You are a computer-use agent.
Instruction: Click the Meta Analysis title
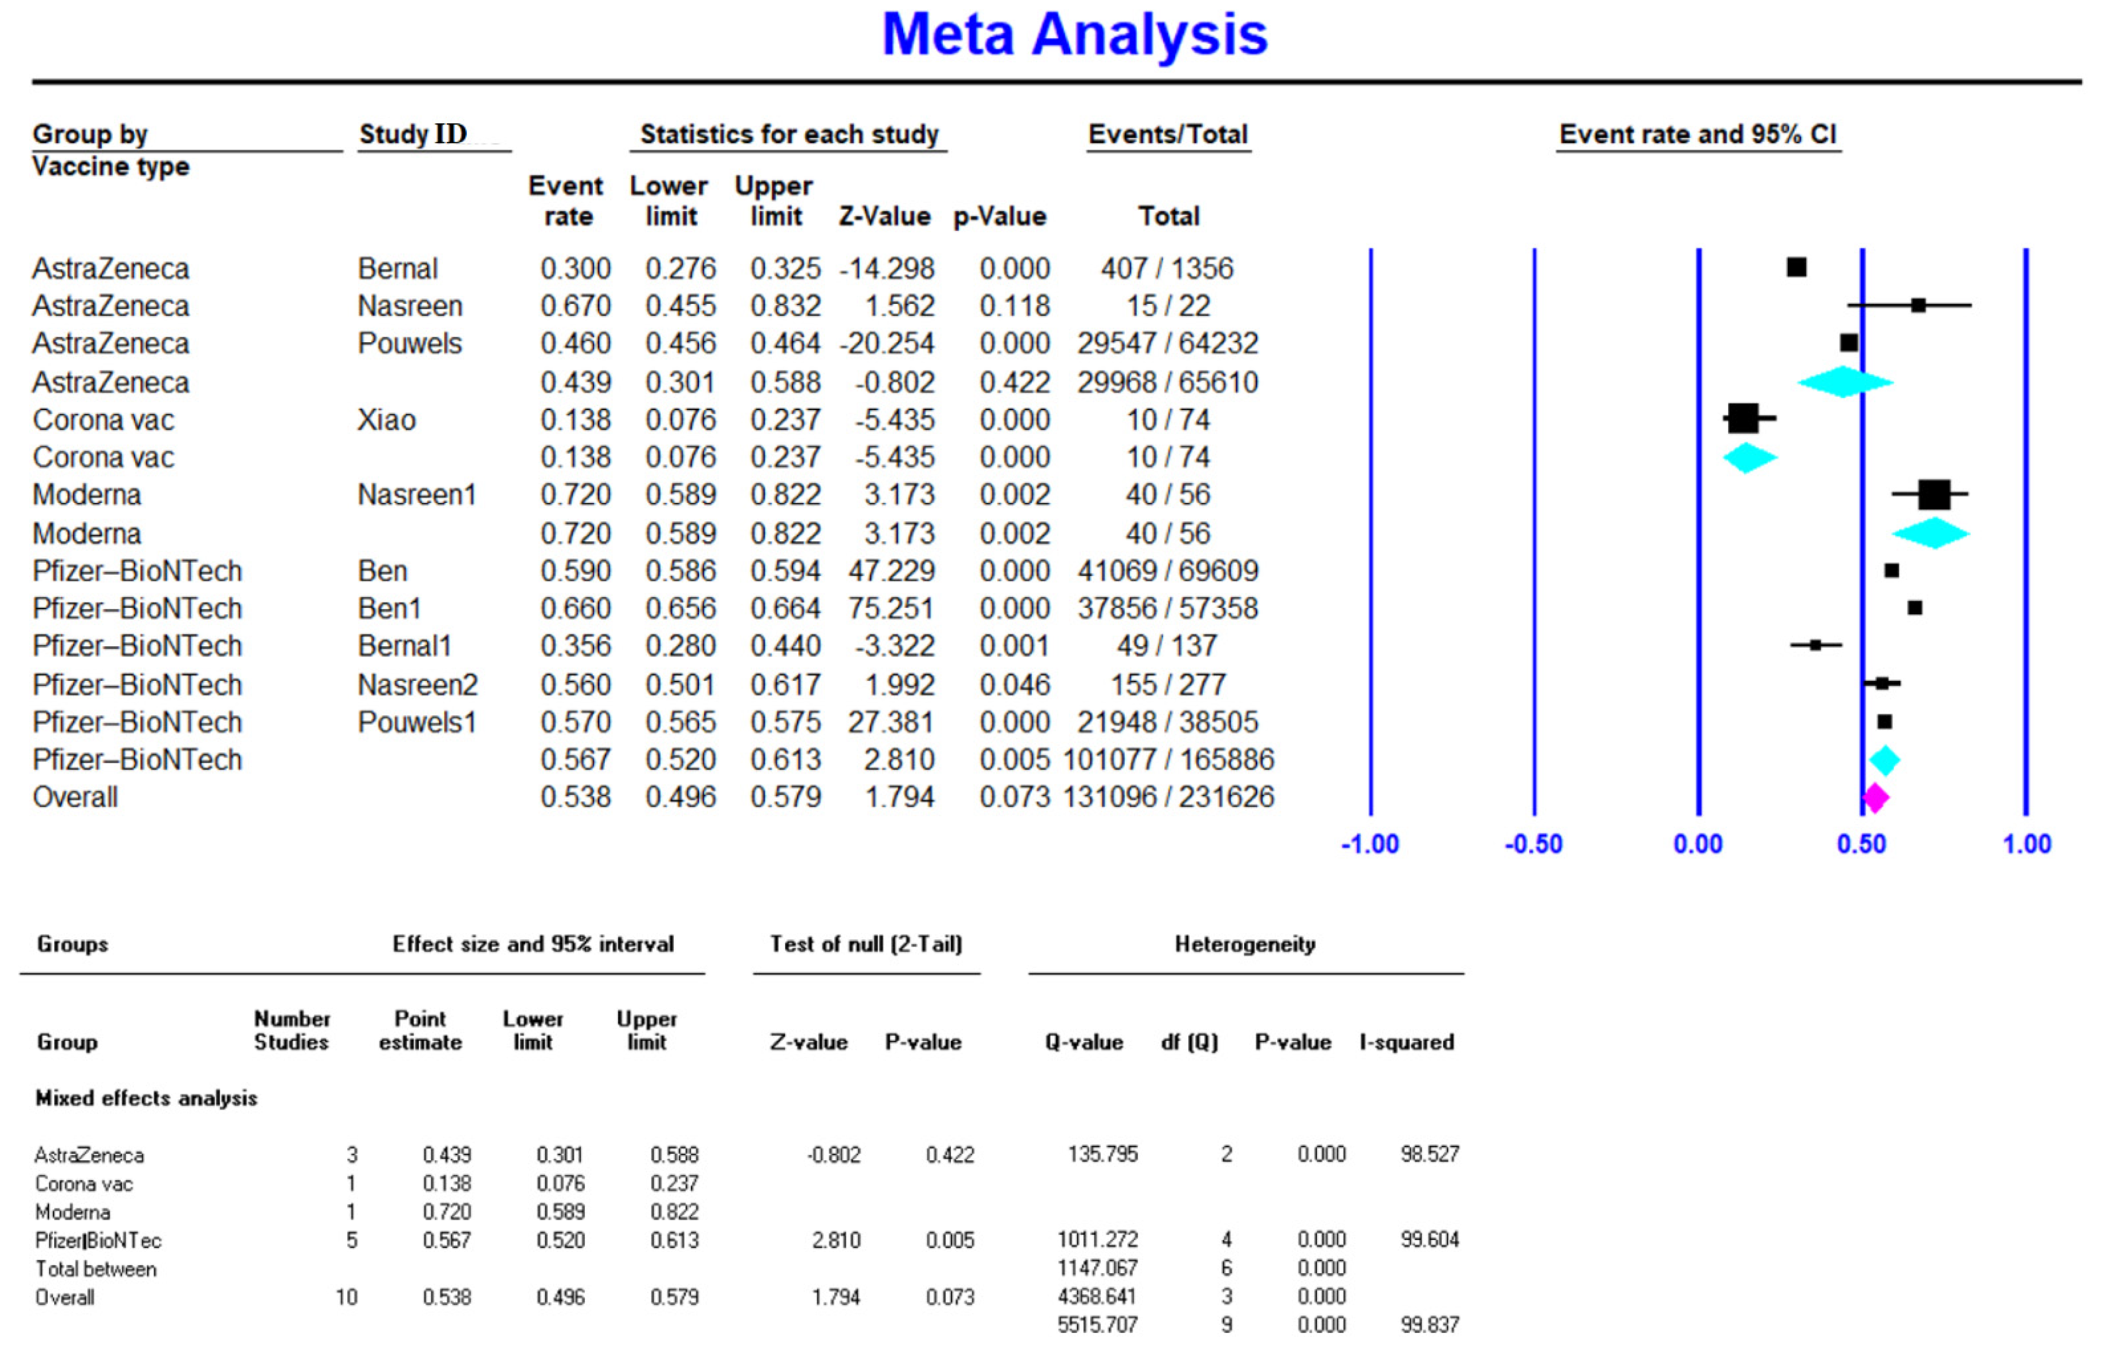(x=1074, y=35)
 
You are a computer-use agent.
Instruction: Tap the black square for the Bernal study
(x=1797, y=268)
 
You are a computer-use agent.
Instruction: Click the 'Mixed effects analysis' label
(x=146, y=1098)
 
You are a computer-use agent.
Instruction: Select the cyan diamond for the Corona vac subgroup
(x=1748, y=457)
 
